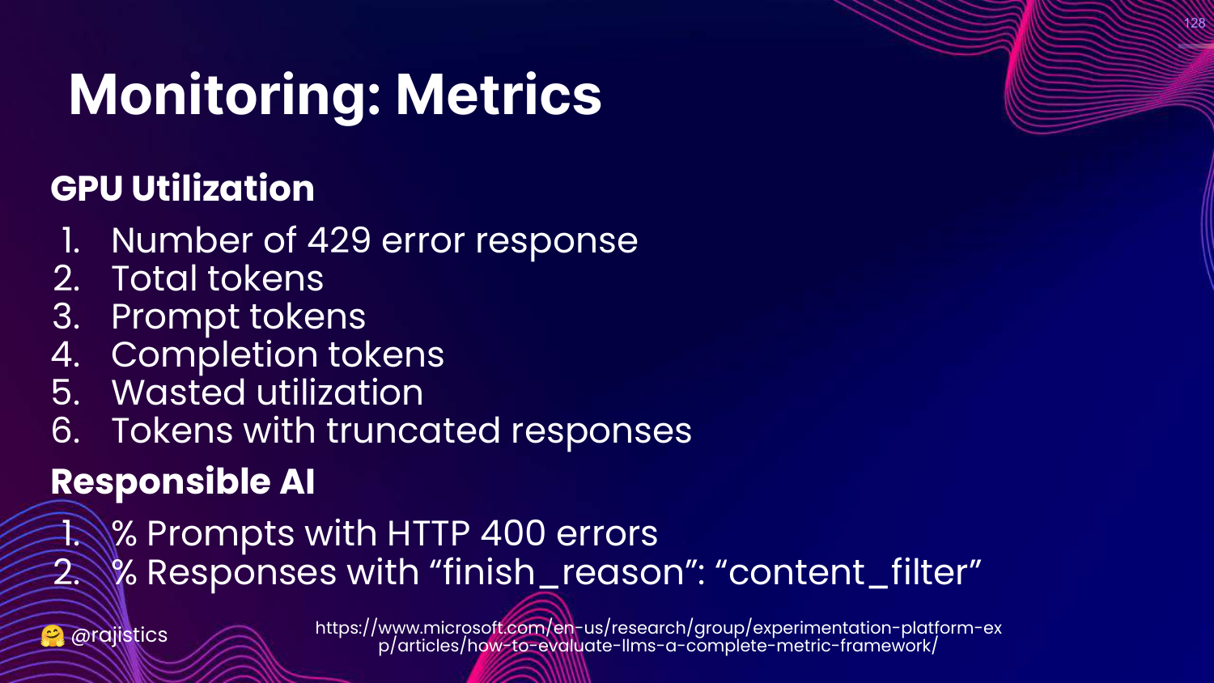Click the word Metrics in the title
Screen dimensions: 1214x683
499,95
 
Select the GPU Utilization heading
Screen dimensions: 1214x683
183,188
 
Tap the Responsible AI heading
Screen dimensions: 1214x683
183,481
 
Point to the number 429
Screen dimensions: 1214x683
339,240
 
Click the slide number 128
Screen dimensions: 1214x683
1195,23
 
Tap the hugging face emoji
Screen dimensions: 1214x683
53,636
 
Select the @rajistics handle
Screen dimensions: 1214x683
119,635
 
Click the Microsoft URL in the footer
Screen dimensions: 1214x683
659,636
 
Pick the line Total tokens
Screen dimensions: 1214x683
218,278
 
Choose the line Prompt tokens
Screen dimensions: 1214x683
239,316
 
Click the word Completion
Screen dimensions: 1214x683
214,355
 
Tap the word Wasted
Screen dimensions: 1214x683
178,392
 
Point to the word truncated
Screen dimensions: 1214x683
414,431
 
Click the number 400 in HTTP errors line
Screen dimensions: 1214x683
512,533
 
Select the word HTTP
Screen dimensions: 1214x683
428,533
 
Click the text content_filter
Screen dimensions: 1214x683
855,572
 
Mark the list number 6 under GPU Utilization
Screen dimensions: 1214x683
66,431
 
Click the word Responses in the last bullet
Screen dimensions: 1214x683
242,573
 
